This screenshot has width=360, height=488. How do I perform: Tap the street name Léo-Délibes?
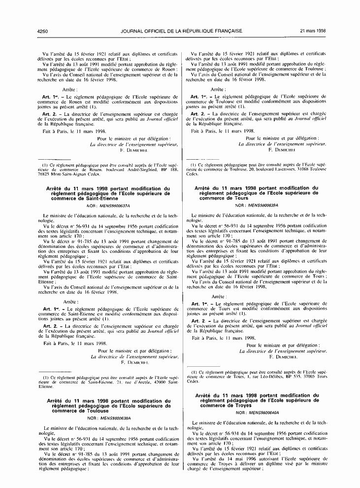coord(263,377)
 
